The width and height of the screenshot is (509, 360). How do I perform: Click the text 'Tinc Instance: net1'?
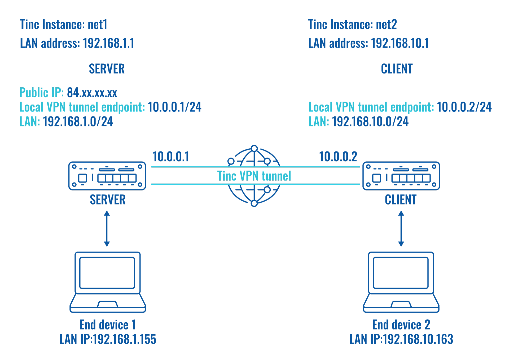[64, 25]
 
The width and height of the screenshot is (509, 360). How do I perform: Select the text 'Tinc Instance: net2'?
[352, 25]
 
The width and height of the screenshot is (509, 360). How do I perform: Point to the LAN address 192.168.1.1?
[108, 43]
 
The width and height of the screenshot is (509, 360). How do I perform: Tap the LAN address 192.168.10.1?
[400, 43]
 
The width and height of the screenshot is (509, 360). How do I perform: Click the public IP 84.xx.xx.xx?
[92, 93]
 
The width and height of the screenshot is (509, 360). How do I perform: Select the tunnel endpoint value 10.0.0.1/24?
[174, 107]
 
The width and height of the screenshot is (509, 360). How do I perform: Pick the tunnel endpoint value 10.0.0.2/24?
[464, 107]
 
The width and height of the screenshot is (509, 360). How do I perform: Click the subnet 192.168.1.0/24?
[78, 122]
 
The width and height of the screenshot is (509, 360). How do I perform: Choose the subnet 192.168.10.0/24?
[370, 122]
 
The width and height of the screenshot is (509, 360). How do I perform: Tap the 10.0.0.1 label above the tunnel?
[171, 157]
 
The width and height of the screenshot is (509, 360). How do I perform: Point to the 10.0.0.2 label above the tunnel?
[338, 157]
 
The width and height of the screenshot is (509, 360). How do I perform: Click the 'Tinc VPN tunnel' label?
[254, 176]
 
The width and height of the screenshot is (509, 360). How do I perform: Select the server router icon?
[107, 176]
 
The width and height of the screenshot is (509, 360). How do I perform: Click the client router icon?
[401, 176]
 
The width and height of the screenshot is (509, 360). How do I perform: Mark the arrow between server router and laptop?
[107, 228]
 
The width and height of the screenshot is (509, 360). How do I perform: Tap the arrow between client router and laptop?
[401, 228]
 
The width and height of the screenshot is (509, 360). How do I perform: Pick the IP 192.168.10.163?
[418, 339]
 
